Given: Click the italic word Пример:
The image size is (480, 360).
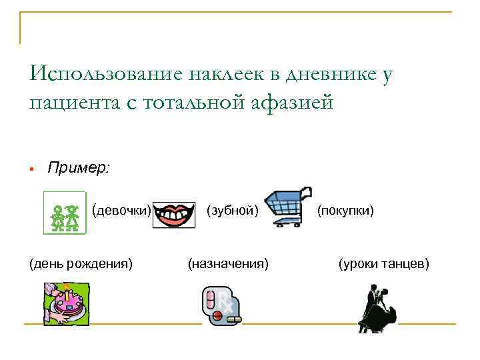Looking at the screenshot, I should [79, 168].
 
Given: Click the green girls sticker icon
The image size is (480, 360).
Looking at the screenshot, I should [65, 213].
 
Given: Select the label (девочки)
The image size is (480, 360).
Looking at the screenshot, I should [121, 211].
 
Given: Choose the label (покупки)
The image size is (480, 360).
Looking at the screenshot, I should [345, 211].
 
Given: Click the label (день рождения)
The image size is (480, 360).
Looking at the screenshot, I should [79, 264].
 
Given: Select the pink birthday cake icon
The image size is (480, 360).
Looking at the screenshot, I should [67, 304].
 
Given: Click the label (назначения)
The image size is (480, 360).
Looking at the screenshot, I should [229, 264].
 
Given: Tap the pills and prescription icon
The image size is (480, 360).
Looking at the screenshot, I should [221, 306].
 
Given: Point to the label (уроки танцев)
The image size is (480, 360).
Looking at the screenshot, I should [384, 264].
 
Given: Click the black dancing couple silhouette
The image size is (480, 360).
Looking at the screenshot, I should [377, 308].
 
